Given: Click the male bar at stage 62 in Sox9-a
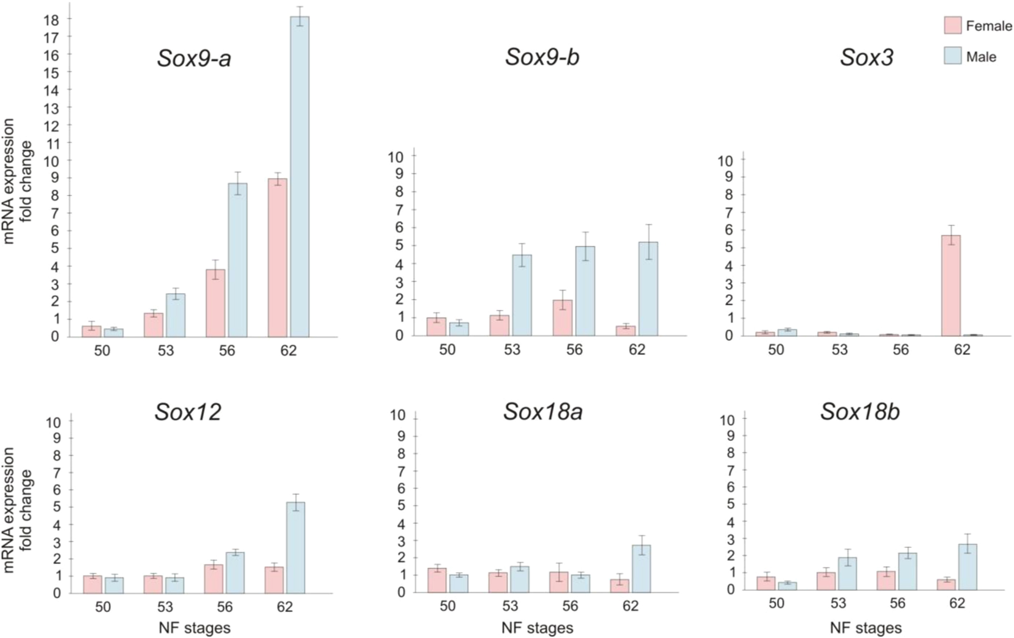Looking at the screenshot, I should coord(299,177).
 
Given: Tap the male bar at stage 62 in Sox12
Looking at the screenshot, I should coord(296,547).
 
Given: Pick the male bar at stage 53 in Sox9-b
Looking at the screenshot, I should coord(522,295).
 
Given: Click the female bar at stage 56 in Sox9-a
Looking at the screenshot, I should coord(215,303).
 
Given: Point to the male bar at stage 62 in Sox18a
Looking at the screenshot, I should coord(641,568).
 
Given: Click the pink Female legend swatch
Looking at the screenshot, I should coord(952,26).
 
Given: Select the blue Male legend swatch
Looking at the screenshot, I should coord(952,56).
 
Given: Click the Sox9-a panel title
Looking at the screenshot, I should coord(194,58).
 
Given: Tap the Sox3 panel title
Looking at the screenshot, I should coord(867,58).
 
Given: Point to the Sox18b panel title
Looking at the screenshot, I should coord(860,412).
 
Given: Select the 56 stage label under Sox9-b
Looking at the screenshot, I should coord(574,350).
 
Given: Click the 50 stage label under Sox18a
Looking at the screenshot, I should coord(448,606).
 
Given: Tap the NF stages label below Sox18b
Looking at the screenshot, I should coord(866,628).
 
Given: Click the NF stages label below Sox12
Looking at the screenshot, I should coord(195,628).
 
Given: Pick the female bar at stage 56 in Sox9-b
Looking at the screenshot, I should coord(562,318).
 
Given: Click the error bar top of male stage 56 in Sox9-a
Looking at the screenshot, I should coord(238,172).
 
